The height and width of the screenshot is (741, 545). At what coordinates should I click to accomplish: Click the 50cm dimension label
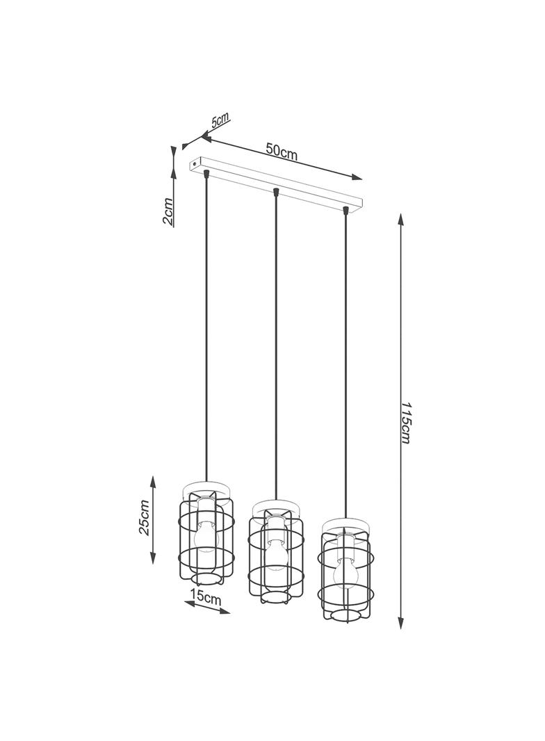pyautogui.click(x=282, y=152)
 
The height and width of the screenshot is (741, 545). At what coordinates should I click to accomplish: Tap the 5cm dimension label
pyautogui.click(x=221, y=120)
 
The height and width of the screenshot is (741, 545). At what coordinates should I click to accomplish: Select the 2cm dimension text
pyautogui.click(x=168, y=211)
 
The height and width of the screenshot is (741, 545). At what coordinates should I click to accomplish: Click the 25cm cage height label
pyautogui.click(x=145, y=517)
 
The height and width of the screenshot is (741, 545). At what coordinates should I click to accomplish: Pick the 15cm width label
pyautogui.click(x=206, y=596)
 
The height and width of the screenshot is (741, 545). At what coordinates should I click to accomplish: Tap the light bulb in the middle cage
pyautogui.click(x=277, y=553)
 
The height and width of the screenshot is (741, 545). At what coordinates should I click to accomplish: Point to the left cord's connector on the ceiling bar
pyautogui.click(x=206, y=172)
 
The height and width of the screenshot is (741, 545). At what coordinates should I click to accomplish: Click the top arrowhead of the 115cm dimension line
pyautogui.click(x=400, y=219)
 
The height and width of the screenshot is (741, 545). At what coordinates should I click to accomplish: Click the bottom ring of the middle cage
pyautogui.click(x=277, y=597)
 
